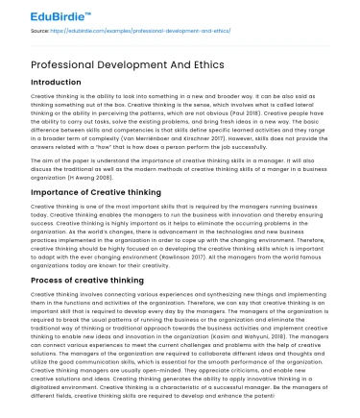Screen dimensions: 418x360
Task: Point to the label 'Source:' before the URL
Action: tap(39, 32)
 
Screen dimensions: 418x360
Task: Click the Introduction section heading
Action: tap(56, 84)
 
